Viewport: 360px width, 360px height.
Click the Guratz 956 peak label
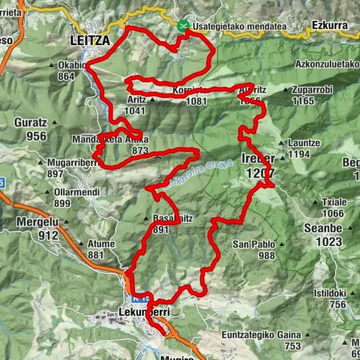[x=30, y=129]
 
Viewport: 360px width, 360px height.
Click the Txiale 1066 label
[x=333, y=208]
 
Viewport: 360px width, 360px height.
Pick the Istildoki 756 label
[x=329, y=298]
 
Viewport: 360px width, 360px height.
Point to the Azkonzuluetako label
[x=327, y=64]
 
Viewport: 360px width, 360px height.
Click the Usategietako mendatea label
[x=239, y=26]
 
